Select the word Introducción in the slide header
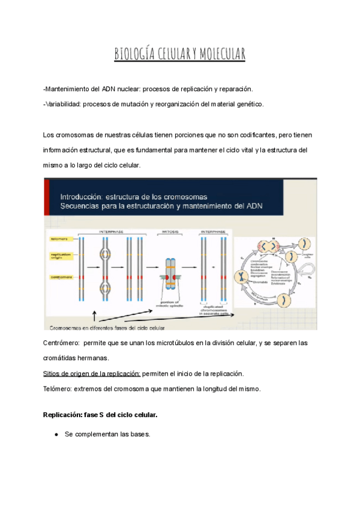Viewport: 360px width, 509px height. (85, 196)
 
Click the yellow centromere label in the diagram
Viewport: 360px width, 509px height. (61, 277)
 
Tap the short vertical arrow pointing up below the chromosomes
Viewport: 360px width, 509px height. (94, 316)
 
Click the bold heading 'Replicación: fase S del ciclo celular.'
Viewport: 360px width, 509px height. (100, 415)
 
